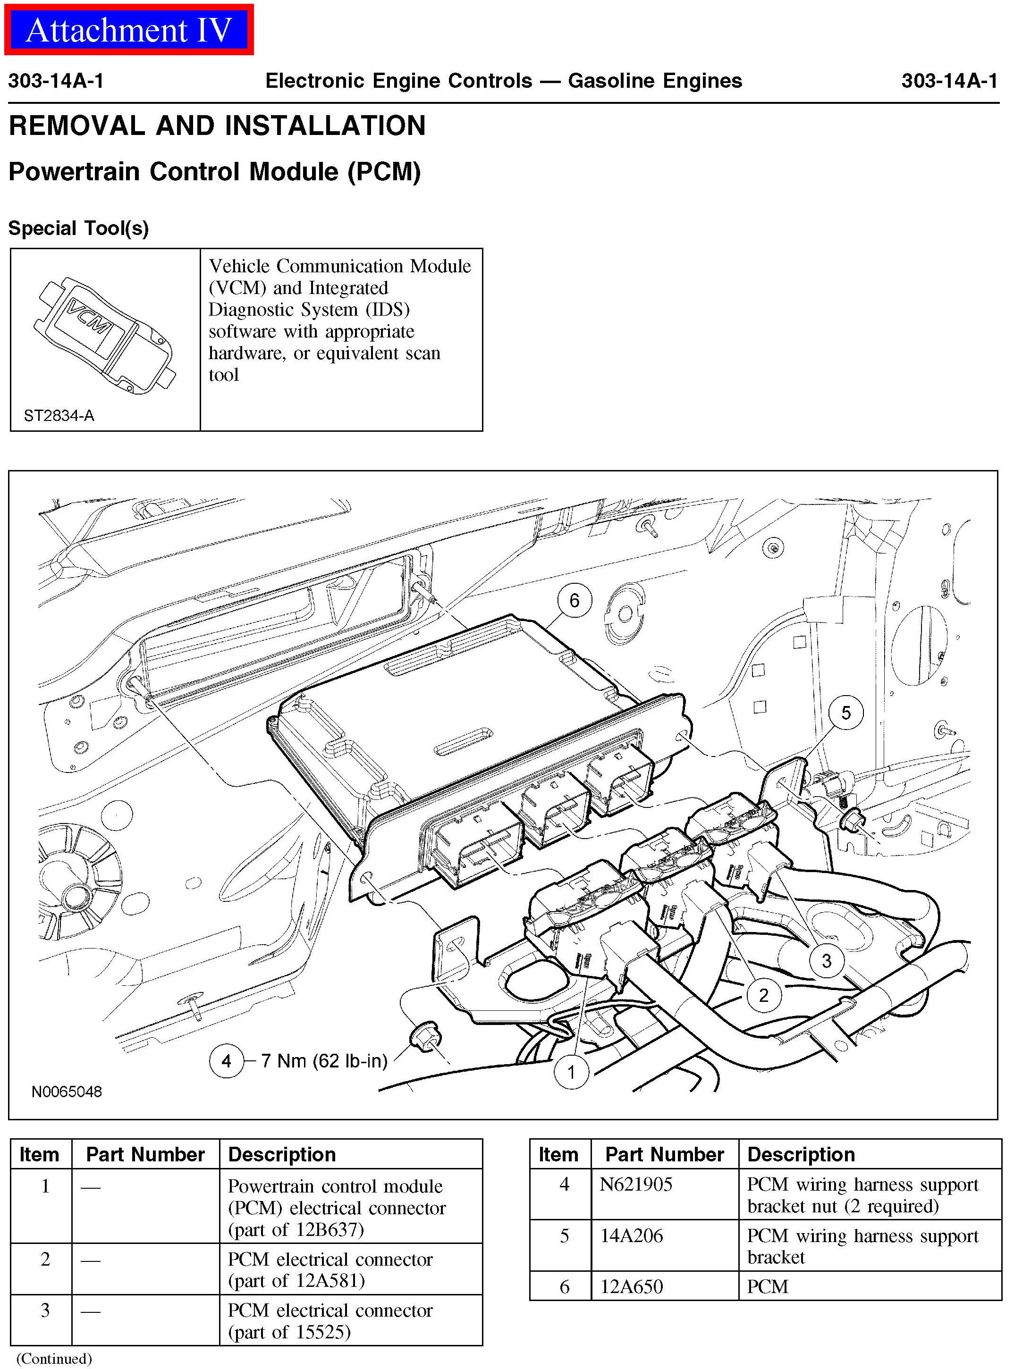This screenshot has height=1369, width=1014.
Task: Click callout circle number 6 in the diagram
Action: (574, 600)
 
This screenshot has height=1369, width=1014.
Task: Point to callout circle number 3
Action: (826, 961)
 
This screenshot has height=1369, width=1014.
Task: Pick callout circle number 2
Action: (763, 995)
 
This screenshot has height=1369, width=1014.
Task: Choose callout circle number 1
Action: (571, 1072)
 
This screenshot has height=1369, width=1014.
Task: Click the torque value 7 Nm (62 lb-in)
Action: (324, 1060)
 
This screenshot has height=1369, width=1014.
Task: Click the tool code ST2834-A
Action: (59, 415)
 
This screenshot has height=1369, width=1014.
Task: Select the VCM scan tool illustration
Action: (104, 335)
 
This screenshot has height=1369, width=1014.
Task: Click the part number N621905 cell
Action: (636, 1184)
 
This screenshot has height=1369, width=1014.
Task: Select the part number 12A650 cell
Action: (632, 1285)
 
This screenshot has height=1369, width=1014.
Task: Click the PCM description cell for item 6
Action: (767, 1285)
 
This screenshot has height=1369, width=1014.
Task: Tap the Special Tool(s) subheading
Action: (78, 228)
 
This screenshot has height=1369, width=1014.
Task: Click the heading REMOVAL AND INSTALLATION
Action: (217, 126)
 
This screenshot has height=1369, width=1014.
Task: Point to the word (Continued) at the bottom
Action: (54, 1358)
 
